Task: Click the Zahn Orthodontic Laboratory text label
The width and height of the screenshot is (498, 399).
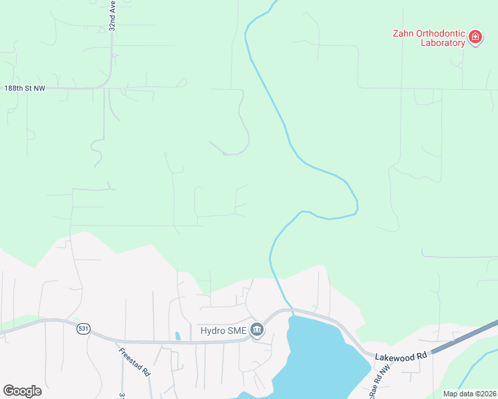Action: (428, 38)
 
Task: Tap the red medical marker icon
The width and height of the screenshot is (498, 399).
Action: (475, 37)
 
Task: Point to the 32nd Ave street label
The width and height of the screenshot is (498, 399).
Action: (113, 15)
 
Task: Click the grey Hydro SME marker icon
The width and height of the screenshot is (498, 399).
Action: (257, 329)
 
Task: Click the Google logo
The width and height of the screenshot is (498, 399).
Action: (22, 391)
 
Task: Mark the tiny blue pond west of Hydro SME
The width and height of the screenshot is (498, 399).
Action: (177, 336)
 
